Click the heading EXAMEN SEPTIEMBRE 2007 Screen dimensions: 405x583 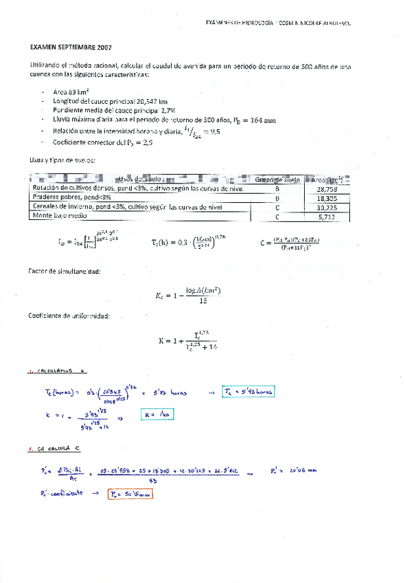(x=71, y=48)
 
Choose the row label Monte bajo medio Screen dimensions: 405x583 (x=58, y=216)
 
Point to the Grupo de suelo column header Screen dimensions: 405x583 (x=278, y=179)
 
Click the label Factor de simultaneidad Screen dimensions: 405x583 (x=65, y=272)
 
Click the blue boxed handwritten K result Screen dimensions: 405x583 (x=157, y=415)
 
